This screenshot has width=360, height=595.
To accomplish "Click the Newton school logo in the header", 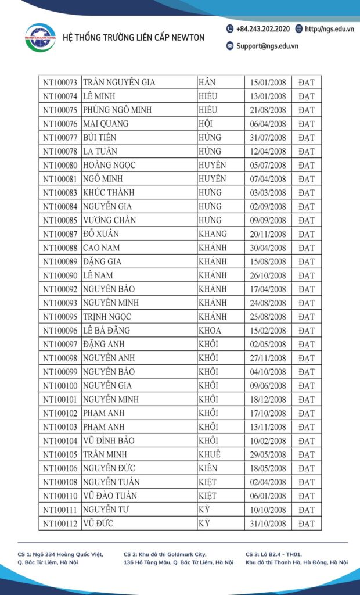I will (x=40, y=37).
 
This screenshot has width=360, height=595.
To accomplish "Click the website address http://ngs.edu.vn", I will (x=327, y=29).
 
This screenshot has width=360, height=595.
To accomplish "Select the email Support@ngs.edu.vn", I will (x=262, y=46).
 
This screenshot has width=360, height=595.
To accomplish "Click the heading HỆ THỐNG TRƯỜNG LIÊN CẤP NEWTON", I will (x=133, y=38).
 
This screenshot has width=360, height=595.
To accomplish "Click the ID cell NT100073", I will (x=60, y=83).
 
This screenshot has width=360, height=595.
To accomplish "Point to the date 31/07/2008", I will (x=268, y=138).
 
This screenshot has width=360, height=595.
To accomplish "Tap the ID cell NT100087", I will (x=60, y=234).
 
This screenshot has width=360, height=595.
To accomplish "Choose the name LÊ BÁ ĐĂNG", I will (x=106, y=331).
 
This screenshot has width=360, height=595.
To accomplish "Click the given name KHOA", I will (x=210, y=331).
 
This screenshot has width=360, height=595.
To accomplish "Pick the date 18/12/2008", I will (x=268, y=400).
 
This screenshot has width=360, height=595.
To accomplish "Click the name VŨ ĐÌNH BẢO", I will (x=109, y=441).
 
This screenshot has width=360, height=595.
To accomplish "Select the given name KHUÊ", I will (x=210, y=454).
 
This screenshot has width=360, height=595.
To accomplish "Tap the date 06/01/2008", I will (x=268, y=496).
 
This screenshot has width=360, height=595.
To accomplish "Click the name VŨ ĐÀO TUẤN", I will (x=111, y=496).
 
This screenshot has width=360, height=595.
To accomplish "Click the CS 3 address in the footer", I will (x=296, y=558).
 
